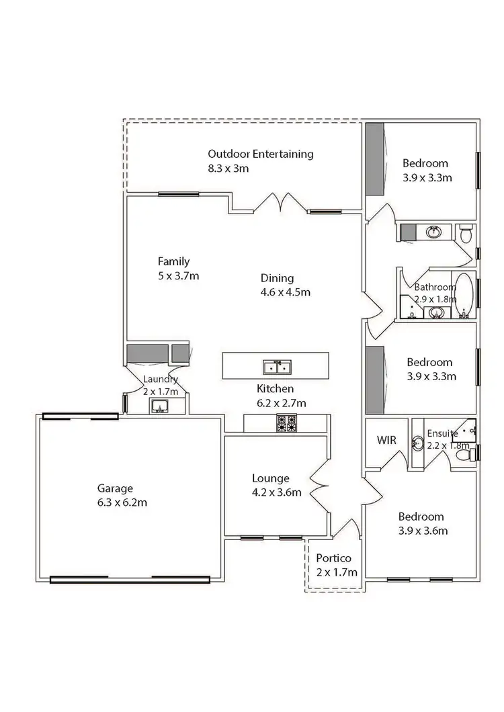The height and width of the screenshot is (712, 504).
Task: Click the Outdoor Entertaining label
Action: click(260, 154)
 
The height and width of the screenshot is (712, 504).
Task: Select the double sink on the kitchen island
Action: click(276, 367)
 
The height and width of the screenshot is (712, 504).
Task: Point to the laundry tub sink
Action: click(159, 405)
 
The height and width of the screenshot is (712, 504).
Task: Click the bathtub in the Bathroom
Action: click(464, 296)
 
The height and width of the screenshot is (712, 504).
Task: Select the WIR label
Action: click(386, 441)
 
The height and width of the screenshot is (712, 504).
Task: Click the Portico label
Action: click(333, 558)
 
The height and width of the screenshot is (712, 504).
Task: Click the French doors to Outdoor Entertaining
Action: click(280, 202)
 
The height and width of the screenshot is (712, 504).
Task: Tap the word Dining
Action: click(277, 278)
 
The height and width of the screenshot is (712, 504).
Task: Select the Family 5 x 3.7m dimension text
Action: click(179, 275)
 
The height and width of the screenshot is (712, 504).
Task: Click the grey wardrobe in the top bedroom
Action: click(374, 159)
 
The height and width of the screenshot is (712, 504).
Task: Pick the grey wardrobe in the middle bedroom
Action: click(374, 380)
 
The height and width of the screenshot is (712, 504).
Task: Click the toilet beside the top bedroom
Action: click(466, 233)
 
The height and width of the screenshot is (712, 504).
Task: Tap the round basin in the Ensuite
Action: click(417, 443)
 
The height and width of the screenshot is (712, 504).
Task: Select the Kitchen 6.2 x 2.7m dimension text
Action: click(282, 403)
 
